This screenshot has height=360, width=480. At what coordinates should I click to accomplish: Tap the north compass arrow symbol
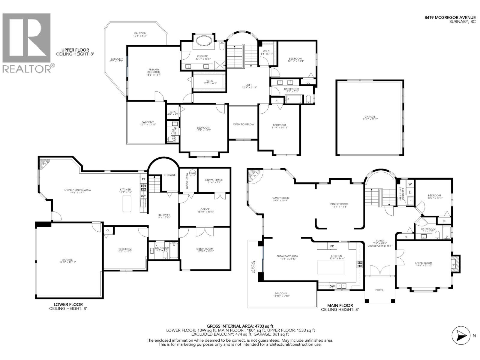point(460,336)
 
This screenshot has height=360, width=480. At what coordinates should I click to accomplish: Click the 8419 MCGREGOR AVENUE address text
point(450,17)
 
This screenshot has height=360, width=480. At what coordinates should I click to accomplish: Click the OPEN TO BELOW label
point(244,124)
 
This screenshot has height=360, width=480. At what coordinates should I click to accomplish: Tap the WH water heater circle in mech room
point(193,173)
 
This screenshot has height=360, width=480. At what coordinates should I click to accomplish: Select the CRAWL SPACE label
point(214,180)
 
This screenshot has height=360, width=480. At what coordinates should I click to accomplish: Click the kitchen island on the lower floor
point(127,204)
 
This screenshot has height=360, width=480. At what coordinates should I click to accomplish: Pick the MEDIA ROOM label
point(205,249)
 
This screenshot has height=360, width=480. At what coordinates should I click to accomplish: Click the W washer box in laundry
point(410,184)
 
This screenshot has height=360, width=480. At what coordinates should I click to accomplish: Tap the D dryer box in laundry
point(410,192)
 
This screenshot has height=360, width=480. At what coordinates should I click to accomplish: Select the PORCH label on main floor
point(379,290)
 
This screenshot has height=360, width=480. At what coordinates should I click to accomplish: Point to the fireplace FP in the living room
point(454,265)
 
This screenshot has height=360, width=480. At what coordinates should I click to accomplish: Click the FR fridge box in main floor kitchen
point(332,246)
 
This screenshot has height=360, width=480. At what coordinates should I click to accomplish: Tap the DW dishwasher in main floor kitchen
point(332,286)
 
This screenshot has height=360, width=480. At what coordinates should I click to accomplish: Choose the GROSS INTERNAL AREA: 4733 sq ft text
point(240,326)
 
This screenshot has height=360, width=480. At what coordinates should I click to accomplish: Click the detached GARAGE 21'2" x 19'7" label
point(370,118)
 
